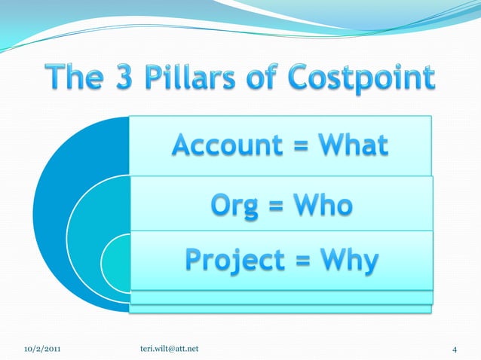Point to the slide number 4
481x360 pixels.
coord(455,348)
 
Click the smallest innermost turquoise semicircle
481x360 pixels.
coord(117,261)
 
